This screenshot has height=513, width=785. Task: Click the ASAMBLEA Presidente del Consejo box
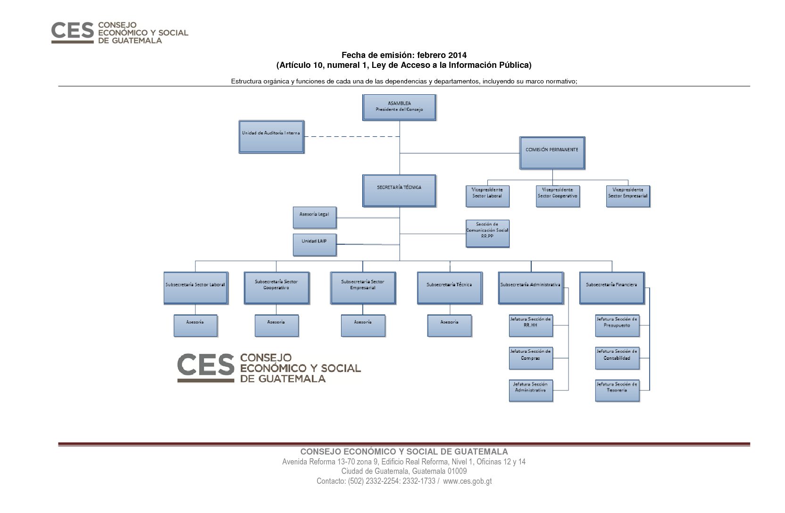[399, 108]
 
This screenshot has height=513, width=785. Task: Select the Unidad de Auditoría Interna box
[271, 137]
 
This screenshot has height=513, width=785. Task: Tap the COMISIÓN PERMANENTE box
[552, 153]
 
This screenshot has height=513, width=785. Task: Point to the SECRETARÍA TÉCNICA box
[399, 191]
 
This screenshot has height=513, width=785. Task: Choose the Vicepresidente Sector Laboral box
[487, 197]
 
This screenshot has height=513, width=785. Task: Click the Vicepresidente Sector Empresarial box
[628, 197]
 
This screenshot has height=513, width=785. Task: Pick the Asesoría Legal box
[315, 218]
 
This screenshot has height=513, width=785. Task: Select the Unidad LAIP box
[315, 245]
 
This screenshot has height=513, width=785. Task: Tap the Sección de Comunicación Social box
[487, 233]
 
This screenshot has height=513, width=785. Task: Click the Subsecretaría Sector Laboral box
[196, 288]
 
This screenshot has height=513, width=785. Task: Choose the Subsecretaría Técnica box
[450, 288]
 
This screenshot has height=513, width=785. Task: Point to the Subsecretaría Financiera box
[612, 288]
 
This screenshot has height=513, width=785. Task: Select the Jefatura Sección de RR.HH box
[531, 326]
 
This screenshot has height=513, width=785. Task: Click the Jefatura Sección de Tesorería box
[617, 390]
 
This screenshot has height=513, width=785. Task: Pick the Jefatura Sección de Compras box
[531, 358]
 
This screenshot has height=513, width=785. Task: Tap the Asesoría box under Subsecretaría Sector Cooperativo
[276, 326]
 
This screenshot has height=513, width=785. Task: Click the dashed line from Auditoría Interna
[352, 137]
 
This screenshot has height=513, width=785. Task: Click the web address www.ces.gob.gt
[467, 481]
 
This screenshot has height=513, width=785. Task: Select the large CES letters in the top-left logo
[73, 30]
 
